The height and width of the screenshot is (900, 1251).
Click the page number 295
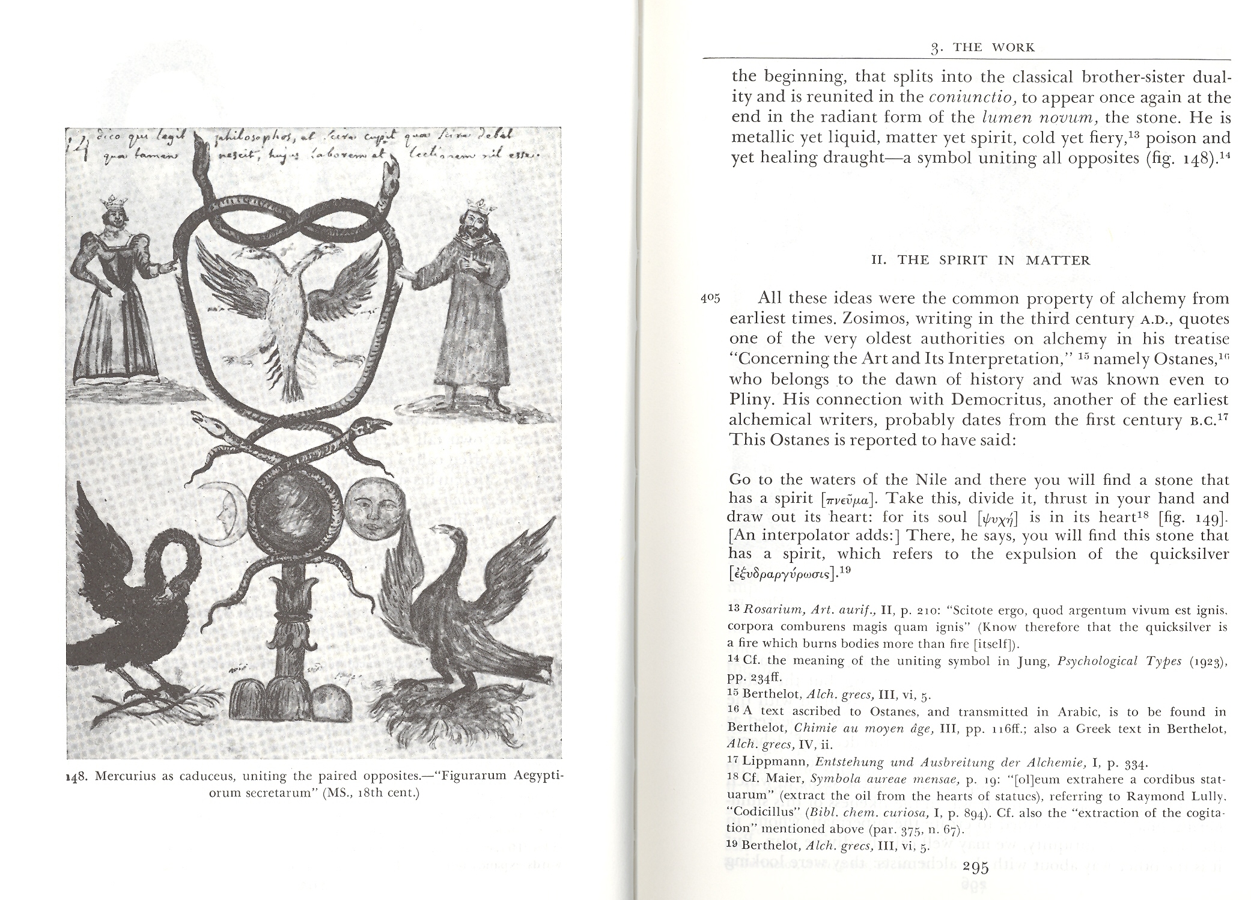click(x=975, y=867)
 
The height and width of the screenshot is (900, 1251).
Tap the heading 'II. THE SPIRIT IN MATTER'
click(x=981, y=261)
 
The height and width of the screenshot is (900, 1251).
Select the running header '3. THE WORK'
click(x=980, y=48)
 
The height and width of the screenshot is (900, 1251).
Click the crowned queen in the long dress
click(x=116, y=294)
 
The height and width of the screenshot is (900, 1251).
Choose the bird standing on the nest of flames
click(x=463, y=613)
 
